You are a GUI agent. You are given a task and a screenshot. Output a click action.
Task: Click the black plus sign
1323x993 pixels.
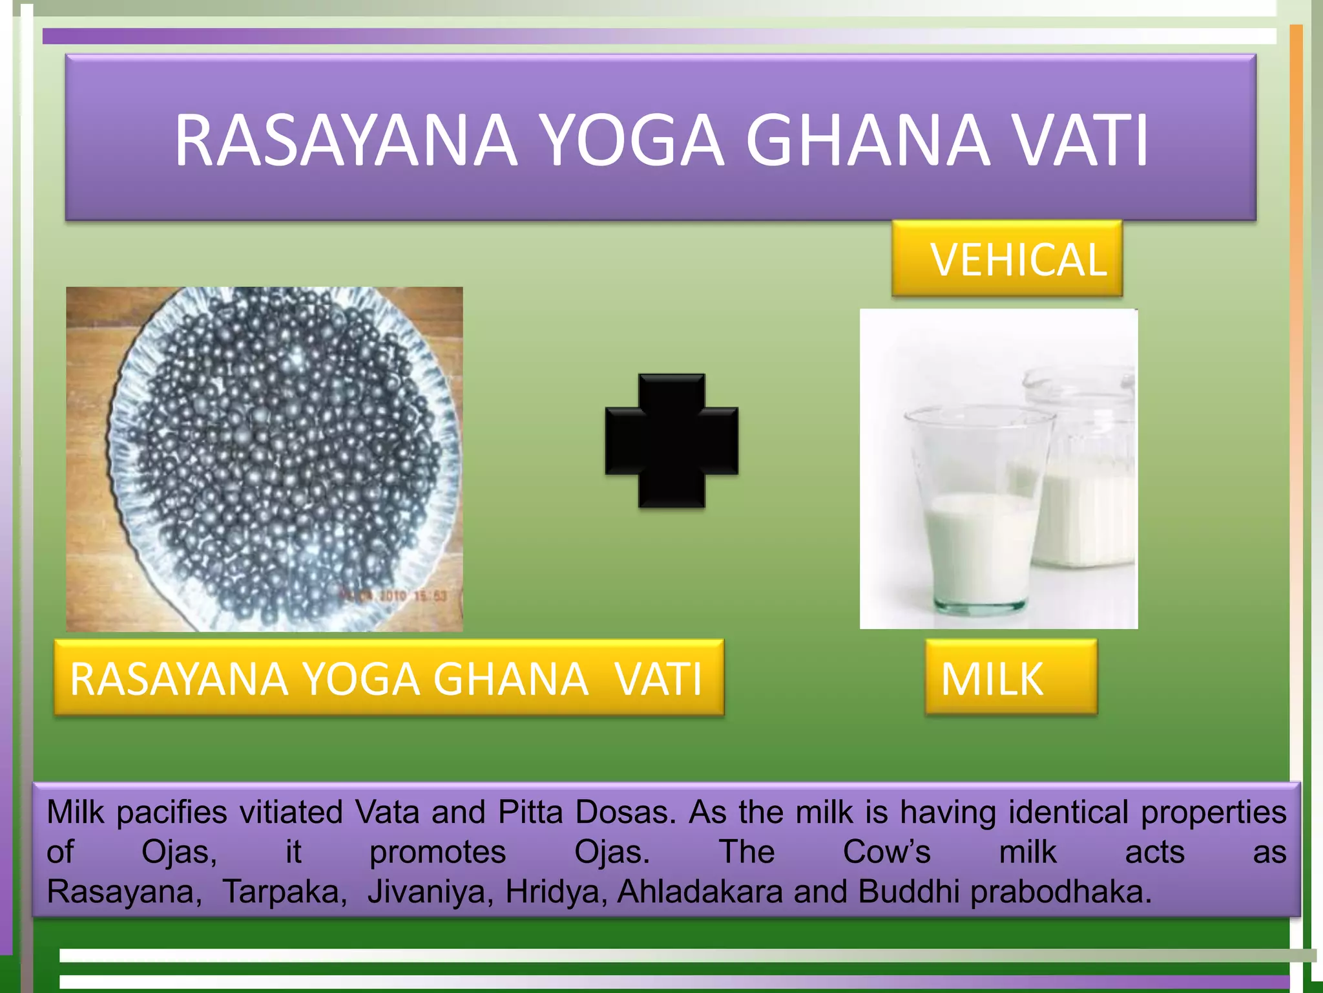click(671, 441)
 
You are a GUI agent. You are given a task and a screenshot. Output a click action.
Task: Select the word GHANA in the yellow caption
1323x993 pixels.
click(510, 679)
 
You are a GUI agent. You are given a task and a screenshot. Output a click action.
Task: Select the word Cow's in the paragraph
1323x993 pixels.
click(886, 852)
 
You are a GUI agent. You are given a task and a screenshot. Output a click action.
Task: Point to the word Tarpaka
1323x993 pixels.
click(284, 892)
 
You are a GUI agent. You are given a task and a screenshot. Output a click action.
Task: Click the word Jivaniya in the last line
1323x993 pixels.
click(431, 892)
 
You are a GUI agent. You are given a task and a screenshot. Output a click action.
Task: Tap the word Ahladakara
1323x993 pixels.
click(700, 892)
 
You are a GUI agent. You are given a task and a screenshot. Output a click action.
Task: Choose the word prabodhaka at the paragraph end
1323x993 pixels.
click(1061, 892)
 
